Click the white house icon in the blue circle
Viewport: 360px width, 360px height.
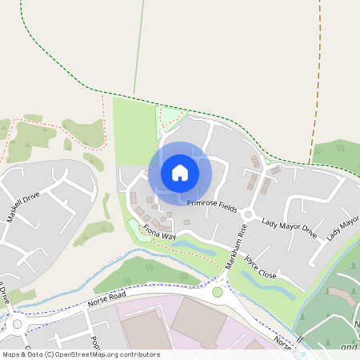pos(180,172)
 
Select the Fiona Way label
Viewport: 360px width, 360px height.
pos(158,232)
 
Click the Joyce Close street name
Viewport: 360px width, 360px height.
pos(260,267)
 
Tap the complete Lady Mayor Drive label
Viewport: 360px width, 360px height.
pos(290,230)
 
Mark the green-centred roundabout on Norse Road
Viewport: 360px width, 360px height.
pos(217,292)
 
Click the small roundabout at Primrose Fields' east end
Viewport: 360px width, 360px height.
pos(249,214)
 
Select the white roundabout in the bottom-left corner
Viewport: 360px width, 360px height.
pos(17,325)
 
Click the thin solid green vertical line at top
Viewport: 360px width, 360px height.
pos(139,48)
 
